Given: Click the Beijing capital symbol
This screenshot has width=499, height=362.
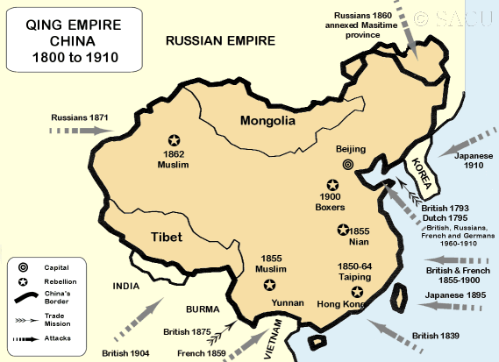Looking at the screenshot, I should coord(348,164).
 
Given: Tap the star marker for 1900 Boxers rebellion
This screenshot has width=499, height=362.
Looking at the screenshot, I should coord(331,185).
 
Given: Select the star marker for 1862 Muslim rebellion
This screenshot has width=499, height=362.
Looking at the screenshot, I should coord(174,140).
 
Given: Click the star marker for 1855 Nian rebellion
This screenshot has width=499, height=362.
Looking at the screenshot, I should coord(343,231).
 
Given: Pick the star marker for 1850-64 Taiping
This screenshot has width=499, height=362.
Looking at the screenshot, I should coord(356,292).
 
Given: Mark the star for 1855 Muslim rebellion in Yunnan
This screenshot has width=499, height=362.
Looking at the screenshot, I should coord(269,285).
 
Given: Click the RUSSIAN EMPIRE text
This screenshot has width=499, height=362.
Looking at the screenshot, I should coord(220,40).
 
